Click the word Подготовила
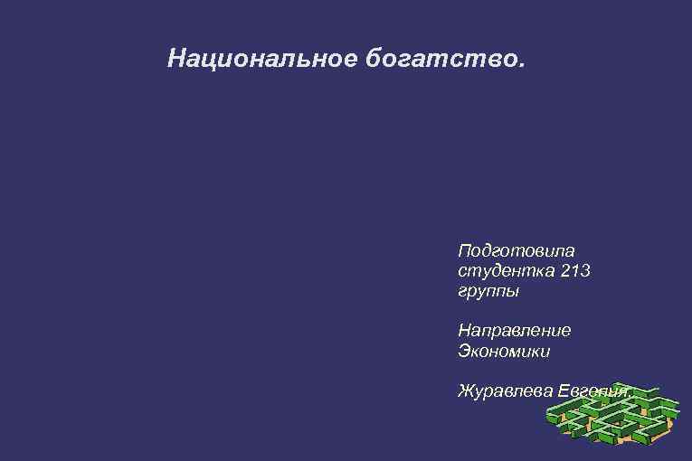(x=517, y=249)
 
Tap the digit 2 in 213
(x=564, y=270)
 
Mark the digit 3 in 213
(x=585, y=270)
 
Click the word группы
(x=488, y=293)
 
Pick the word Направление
(x=514, y=330)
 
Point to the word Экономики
(x=504, y=351)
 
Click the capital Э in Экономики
(x=465, y=351)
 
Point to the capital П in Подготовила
(x=466, y=249)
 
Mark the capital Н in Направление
(x=466, y=330)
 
